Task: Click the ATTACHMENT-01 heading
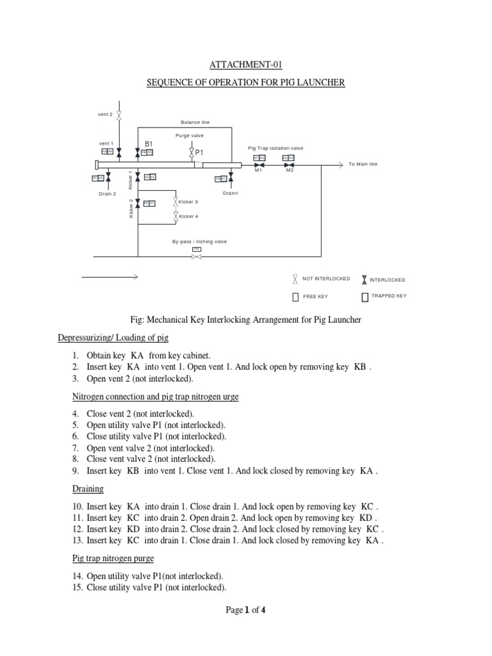(246, 65)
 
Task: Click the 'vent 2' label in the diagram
(106, 114)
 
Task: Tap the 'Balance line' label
(195, 122)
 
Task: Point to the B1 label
(148, 143)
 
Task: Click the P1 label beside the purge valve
(199, 153)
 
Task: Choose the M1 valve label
(259, 170)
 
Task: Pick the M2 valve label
(290, 170)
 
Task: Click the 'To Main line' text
(363, 164)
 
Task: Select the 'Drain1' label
(231, 193)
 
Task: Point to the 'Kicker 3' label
(188, 202)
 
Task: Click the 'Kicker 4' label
(188, 217)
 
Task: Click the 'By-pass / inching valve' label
(199, 242)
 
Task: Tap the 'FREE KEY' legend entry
(315, 297)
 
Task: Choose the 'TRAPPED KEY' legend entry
(389, 296)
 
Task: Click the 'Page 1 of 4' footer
(246, 610)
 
